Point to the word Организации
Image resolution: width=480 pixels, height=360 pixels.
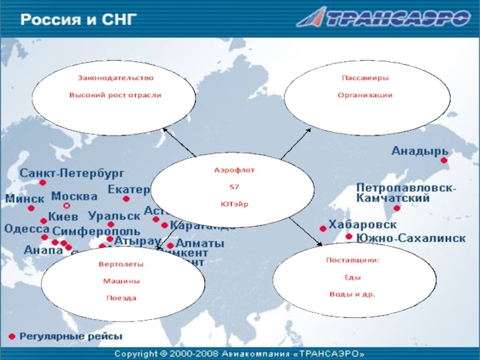[x=365, y=95]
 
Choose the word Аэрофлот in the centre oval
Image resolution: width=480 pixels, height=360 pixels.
[x=235, y=170]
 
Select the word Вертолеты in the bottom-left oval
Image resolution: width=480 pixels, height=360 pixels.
[x=121, y=264]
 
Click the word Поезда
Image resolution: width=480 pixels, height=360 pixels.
[x=121, y=298]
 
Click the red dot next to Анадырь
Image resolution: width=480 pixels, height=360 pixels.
[x=444, y=160]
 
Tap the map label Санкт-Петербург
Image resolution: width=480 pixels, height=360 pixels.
[x=72, y=173]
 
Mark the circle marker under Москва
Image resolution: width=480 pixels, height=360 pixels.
[x=67, y=206]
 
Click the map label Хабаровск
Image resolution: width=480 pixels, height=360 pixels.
[x=362, y=224]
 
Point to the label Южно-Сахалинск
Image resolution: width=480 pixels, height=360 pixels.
[x=411, y=238]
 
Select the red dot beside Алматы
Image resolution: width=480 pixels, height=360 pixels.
[x=170, y=245]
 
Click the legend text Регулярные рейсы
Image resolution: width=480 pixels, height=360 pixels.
[x=71, y=336]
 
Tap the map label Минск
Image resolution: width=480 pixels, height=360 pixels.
[x=25, y=199]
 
